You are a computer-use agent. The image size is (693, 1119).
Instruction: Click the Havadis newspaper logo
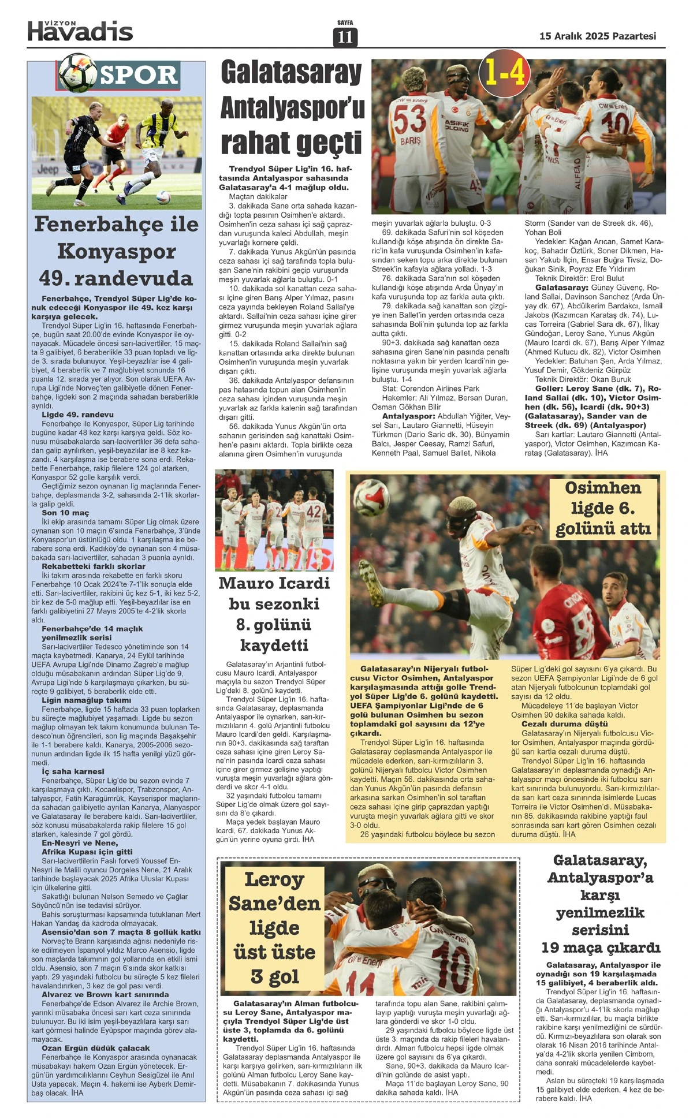pyautogui.click(x=80, y=31)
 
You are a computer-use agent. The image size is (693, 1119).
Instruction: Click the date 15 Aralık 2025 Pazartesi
pyautogui.click(x=597, y=36)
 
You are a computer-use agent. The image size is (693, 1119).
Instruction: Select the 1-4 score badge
pyautogui.click(x=505, y=73)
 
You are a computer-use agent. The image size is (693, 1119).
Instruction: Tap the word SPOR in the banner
pyautogui.click(x=139, y=75)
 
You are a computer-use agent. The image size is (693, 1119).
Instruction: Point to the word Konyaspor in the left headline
pyautogui.click(x=116, y=252)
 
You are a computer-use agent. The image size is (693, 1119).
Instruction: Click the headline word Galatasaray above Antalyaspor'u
pyautogui.click(x=291, y=73)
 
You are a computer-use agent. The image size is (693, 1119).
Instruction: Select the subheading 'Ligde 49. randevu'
pyautogui.click(x=77, y=415)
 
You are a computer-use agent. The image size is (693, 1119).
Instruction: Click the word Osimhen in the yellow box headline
pyautogui.click(x=602, y=488)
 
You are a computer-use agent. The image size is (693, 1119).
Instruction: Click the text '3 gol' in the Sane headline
pyautogui.click(x=274, y=976)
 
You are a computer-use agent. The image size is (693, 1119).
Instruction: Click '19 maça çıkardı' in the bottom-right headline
pyautogui.click(x=600, y=948)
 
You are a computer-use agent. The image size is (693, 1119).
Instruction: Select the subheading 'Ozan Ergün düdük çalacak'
pyautogui.click(x=95, y=1048)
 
